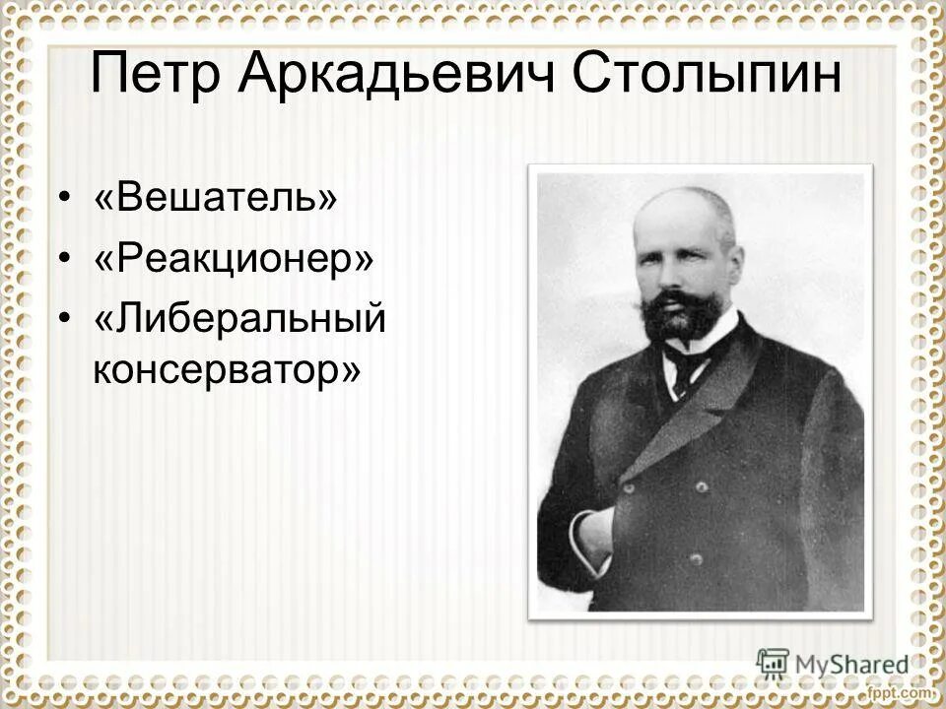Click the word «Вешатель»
[x=216, y=198]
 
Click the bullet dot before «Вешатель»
[x=65, y=200]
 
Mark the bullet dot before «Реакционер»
[x=65, y=261]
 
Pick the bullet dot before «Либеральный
[x=65, y=322]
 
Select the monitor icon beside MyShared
[x=773, y=662]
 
